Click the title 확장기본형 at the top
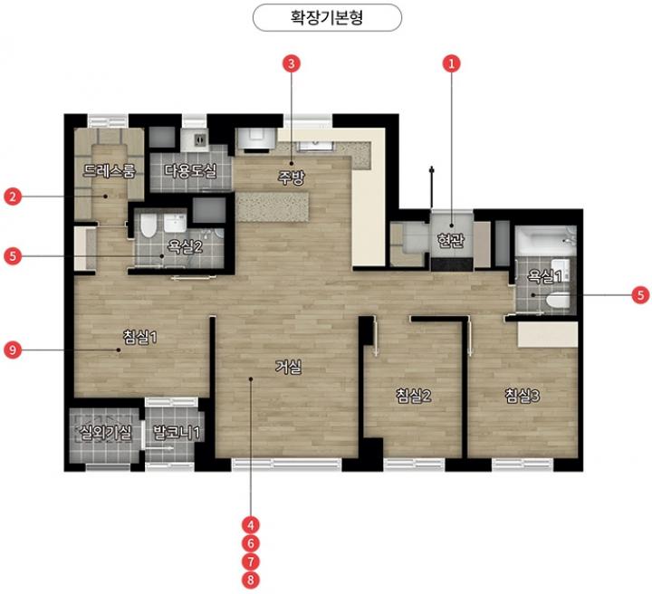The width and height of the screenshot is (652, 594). [x=327, y=18]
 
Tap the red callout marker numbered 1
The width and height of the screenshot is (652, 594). [x=452, y=63]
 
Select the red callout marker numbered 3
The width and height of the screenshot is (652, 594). [x=291, y=63]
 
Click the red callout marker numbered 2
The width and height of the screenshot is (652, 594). [x=13, y=196]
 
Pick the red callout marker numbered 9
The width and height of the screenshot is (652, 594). [x=13, y=350]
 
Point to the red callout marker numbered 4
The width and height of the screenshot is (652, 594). [x=250, y=525]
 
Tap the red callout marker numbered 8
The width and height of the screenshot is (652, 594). [x=250, y=580]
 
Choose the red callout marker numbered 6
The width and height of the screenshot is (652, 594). [x=250, y=543]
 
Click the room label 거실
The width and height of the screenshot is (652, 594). [x=288, y=367]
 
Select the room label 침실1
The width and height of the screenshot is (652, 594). [x=140, y=337]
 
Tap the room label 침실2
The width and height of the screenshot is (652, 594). [x=413, y=396]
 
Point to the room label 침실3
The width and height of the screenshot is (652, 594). [x=523, y=396]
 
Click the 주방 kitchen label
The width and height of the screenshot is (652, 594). [x=292, y=177]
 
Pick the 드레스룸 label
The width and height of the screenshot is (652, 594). [x=110, y=170]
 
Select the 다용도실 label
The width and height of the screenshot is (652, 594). [x=190, y=170]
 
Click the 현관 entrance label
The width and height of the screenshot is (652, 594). [x=451, y=240]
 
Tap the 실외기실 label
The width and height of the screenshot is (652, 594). [x=106, y=432]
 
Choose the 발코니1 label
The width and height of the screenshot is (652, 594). [x=177, y=432]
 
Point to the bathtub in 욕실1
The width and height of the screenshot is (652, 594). [x=545, y=240]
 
